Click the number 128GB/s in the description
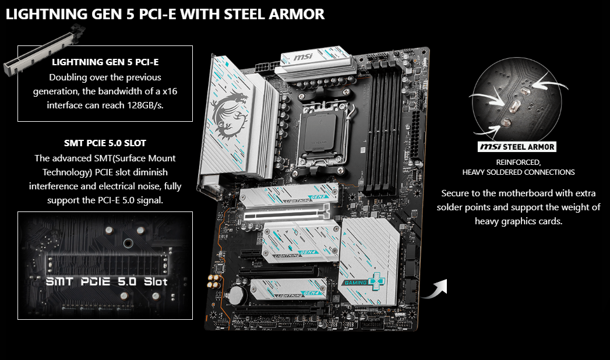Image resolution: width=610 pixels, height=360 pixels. pos(145,105)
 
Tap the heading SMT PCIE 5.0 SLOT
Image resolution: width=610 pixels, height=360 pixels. pos(105,143)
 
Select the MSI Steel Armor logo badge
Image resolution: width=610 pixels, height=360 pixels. pos(517,147)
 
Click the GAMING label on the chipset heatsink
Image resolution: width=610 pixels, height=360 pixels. pos(355,283)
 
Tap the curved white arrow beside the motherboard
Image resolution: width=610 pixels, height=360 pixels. pos(435,288)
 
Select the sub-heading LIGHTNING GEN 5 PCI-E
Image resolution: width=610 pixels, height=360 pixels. pos(105,62)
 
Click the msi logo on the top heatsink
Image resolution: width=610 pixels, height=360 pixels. pos(303,58)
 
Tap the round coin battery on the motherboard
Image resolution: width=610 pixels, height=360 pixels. pos(237,295)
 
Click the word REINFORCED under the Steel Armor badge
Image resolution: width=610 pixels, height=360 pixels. pos(518,162)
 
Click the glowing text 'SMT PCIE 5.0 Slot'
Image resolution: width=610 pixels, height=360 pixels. pos(107,281)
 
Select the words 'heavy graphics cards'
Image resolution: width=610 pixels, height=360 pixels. pos(519,221)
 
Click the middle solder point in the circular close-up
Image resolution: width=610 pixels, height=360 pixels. pos(514,105)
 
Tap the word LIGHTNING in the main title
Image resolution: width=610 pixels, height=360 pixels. pos(47,14)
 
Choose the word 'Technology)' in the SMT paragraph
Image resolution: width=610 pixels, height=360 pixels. pos(66,172)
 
